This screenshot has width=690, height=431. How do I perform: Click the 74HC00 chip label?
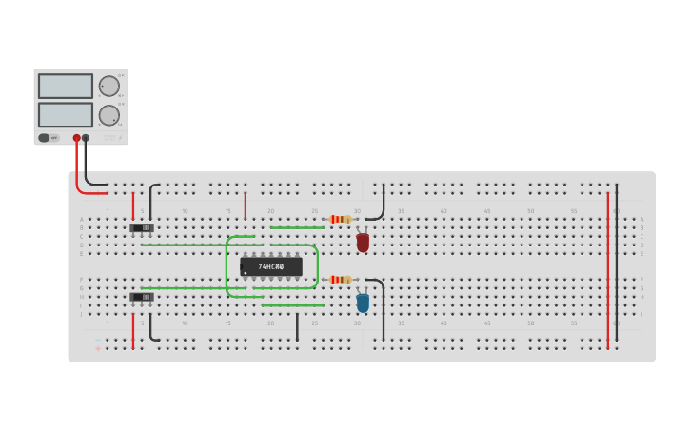[271, 266]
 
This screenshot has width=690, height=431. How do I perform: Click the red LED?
[363, 243]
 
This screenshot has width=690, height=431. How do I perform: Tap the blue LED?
[363, 304]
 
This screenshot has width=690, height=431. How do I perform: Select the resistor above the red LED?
[340, 219]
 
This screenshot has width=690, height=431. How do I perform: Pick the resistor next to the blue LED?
[340, 280]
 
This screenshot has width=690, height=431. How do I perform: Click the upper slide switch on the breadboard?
[142, 228]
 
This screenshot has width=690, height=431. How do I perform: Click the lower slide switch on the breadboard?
[142, 297]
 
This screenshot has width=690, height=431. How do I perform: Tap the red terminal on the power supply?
[77, 138]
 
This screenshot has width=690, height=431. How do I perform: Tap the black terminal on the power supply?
[86, 138]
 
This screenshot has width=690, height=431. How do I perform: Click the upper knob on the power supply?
[109, 86]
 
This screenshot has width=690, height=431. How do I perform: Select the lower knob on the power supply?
[109, 115]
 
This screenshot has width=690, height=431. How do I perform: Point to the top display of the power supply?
[66, 86]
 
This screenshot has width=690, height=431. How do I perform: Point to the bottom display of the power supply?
[66, 114]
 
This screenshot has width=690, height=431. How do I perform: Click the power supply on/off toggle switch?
[44, 138]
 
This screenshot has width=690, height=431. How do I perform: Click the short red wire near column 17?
[246, 206]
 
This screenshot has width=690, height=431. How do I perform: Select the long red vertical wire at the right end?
[607, 270]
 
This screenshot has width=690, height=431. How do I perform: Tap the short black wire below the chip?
[297, 325]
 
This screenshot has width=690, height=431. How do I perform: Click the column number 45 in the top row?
[487, 211]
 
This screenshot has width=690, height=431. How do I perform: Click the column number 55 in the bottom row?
[574, 323]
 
